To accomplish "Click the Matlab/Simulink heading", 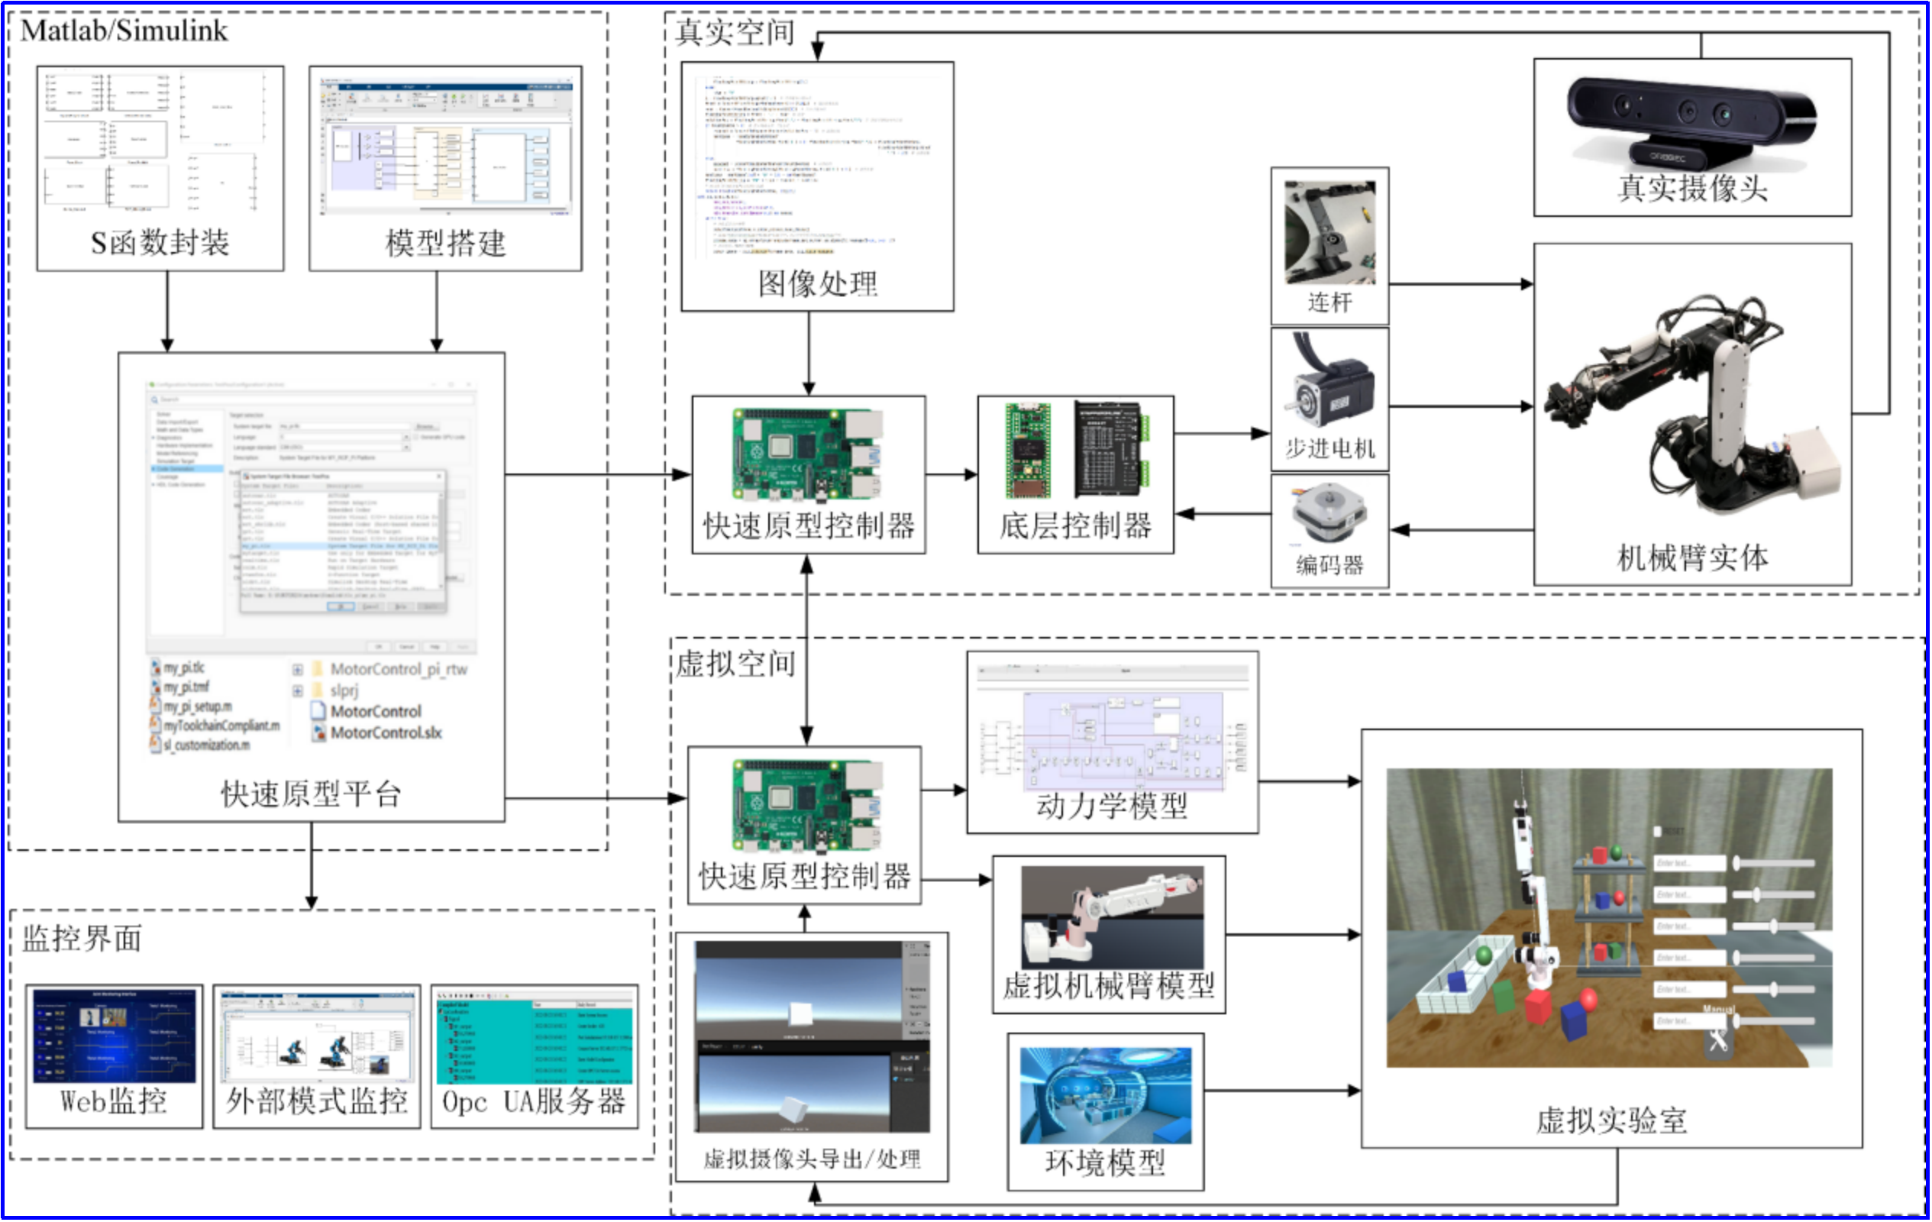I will tap(124, 31).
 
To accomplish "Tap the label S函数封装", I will tap(160, 241).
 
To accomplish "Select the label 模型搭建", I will tap(445, 242).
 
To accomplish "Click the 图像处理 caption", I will tap(818, 283).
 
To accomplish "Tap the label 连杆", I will tap(1329, 302).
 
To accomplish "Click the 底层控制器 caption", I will tap(1075, 525).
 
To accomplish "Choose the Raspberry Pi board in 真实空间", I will tap(807, 454).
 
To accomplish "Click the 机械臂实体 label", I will tap(1692, 557).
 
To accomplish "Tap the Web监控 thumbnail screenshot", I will tap(115, 1035).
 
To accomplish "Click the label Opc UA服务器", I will tap(534, 1101).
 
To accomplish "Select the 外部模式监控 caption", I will tap(317, 1101).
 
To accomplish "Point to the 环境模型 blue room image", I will tap(1105, 1094).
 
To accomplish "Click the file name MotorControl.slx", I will tap(385, 732).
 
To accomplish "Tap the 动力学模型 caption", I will tap(1111, 805).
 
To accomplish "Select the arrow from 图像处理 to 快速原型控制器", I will tap(809, 353).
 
